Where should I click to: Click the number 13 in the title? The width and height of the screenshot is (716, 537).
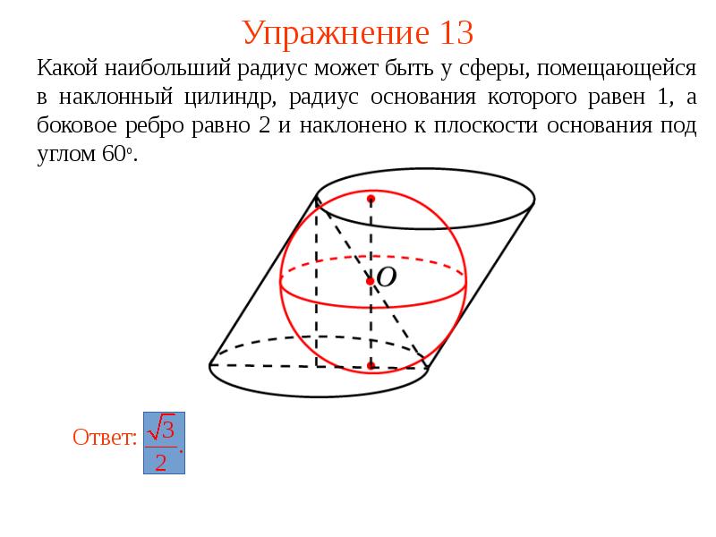point(455,33)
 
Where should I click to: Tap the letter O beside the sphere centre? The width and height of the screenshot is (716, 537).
point(386,278)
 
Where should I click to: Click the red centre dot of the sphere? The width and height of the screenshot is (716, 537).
point(371,281)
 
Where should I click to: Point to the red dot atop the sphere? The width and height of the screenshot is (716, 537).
point(371,197)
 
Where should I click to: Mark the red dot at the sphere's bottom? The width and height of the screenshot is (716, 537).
point(371,365)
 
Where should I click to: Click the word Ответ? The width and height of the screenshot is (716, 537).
point(104,437)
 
